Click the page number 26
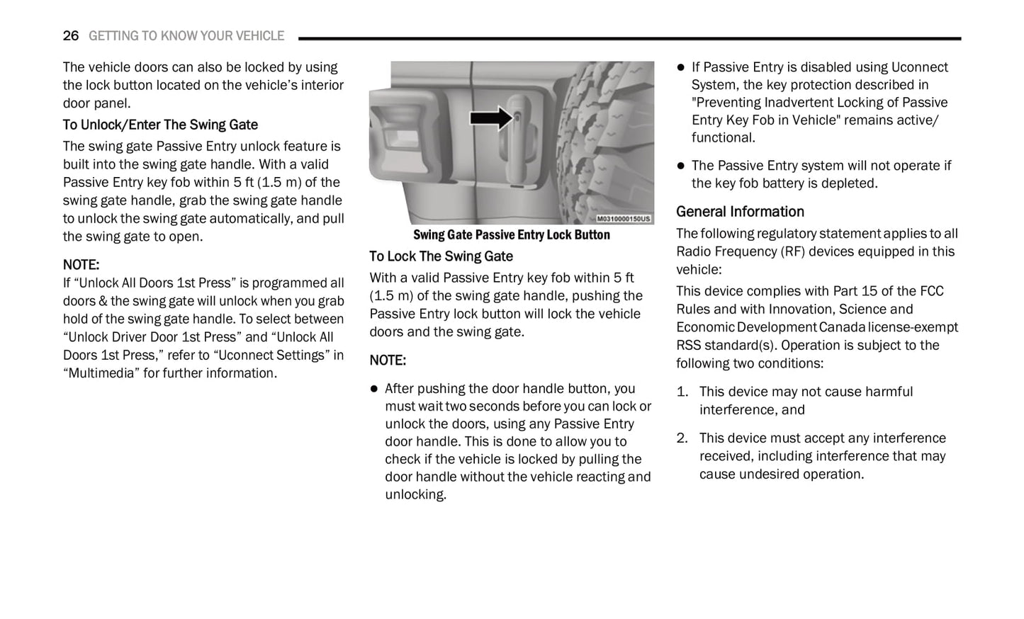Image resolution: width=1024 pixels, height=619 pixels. (71, 36)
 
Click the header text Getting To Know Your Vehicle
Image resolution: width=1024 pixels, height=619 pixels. (186, 36)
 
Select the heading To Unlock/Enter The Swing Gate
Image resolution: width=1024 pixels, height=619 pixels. (160, 125)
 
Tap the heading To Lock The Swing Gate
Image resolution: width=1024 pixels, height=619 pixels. (441, 256)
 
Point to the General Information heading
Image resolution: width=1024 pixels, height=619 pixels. (740, 212)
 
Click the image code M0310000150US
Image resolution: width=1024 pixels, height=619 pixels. (623, 219)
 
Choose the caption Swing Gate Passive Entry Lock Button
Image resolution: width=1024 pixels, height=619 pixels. (511, 235)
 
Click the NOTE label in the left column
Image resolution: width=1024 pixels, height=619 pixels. (81, 265)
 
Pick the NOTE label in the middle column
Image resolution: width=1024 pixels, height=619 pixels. (388, 360)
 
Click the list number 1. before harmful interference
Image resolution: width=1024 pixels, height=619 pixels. (682, 392)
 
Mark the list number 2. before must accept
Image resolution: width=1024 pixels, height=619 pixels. (682, 438)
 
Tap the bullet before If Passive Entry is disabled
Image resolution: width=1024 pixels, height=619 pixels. (681, 67)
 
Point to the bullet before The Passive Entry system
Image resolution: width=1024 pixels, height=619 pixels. (681, 166)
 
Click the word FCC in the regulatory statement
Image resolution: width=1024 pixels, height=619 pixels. (931, 291)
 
